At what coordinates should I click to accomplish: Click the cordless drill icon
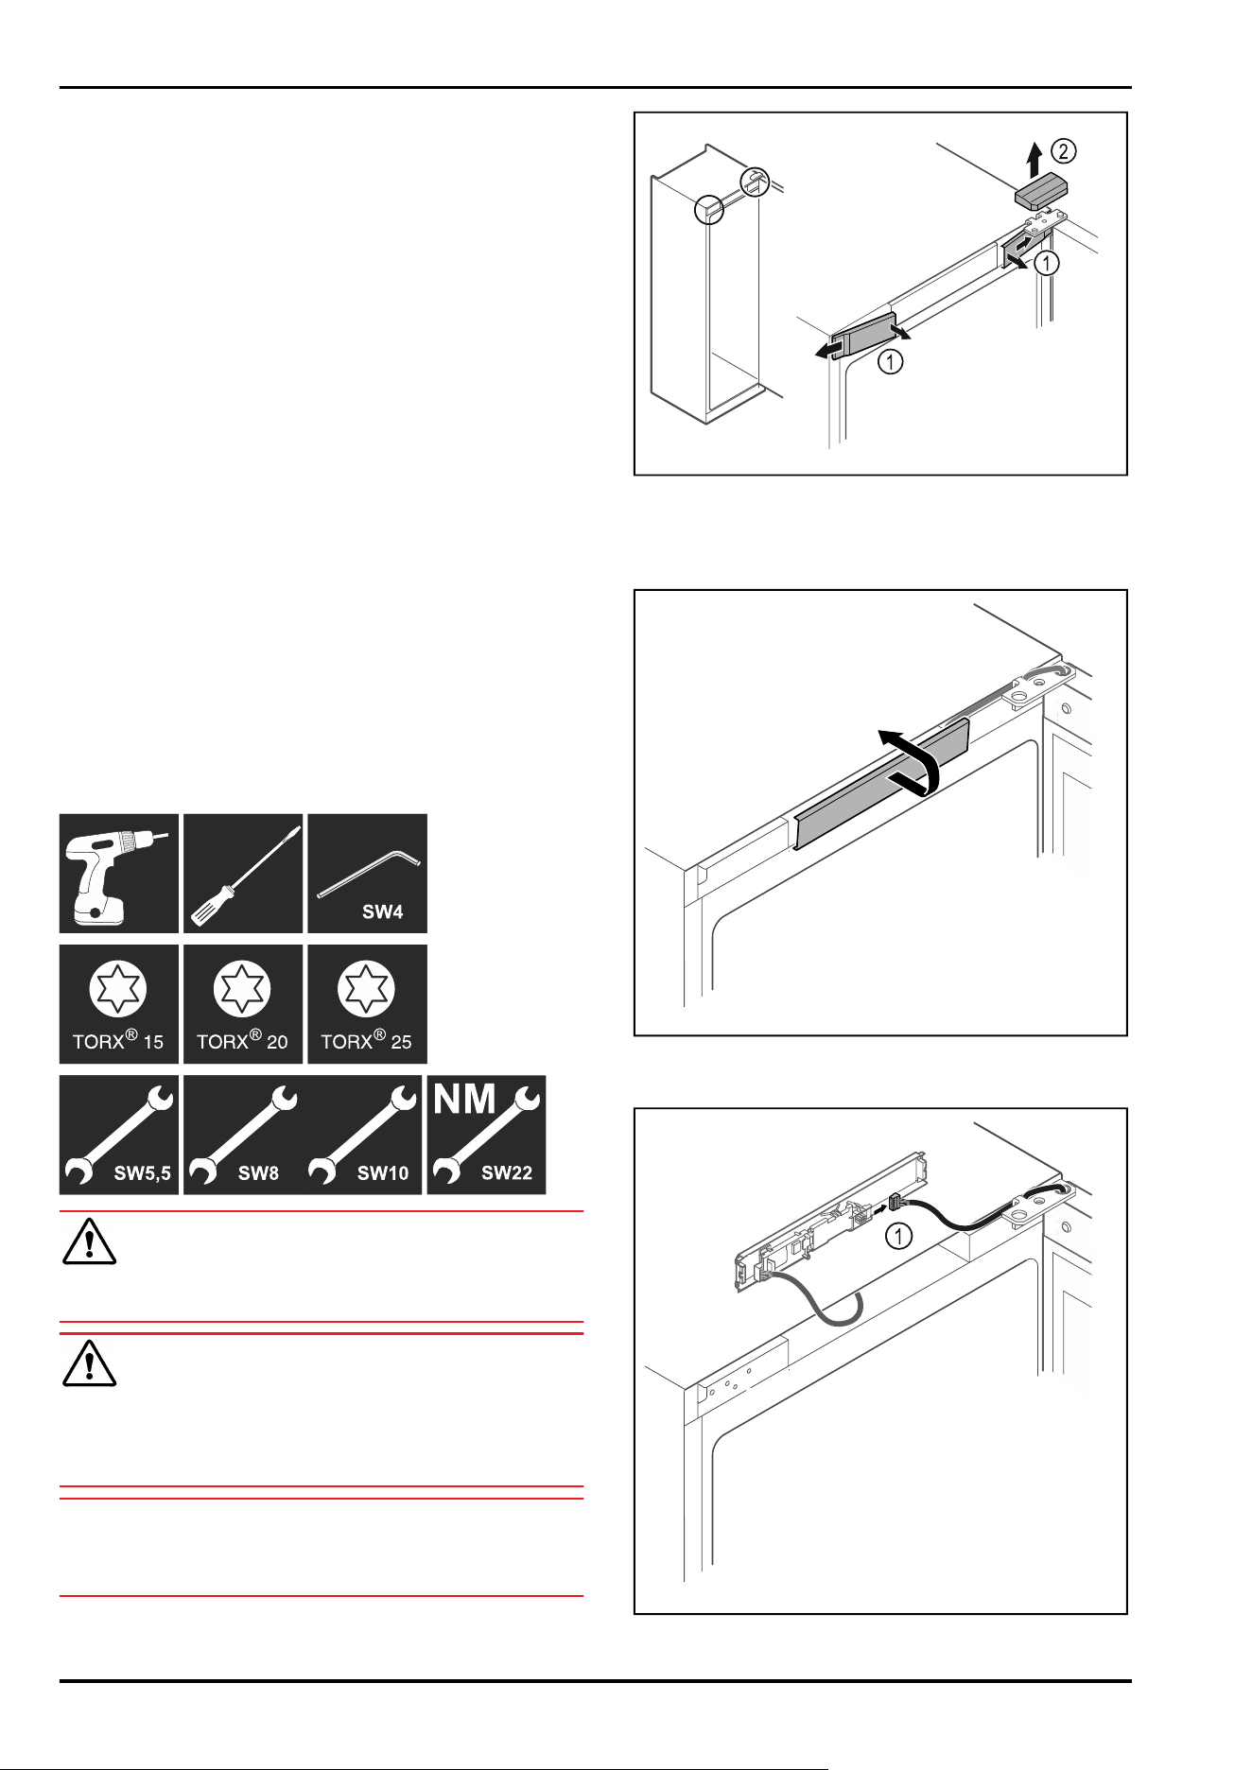click(x=119, y=874)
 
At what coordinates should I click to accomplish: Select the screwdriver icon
click(x=243, y=874)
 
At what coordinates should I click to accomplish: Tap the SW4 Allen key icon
click(x=367, y=874)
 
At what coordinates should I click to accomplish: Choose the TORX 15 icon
click(x=119, y=1004)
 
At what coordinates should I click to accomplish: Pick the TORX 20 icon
click(x=243, y=1004)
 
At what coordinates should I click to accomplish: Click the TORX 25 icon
click(x=367, y=1004)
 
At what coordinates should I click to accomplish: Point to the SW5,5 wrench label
click(x=143, y=1173)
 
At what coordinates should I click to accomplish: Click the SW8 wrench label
click(x=258, y=1173)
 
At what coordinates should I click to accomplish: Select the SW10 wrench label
click(x=383, y=1173)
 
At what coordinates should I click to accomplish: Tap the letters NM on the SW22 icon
click(x=464, y=1099)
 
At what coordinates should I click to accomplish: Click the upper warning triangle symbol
click(x=89, y=1241)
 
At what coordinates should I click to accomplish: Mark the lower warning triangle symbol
click(x=89, y=1362)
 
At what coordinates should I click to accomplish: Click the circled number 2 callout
click(x=1064, y=151)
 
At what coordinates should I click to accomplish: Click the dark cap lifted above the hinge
click(x=1041, y=192)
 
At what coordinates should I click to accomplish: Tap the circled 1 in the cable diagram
click(x=898, y=1235)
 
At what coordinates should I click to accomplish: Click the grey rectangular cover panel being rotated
click(x=882, y=783)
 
